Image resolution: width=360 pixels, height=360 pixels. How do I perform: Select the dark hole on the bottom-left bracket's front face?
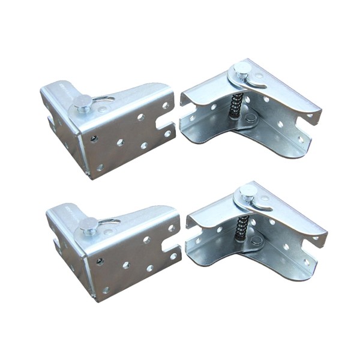click(100, 261)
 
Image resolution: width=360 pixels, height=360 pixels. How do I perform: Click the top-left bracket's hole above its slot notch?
click(165, 106)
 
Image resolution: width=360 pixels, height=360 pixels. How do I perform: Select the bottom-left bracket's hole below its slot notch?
click(173, 256)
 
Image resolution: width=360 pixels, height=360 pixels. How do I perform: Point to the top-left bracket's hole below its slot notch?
click(167, 134)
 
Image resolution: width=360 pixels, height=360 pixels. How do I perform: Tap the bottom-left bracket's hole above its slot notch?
click(171, 228)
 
